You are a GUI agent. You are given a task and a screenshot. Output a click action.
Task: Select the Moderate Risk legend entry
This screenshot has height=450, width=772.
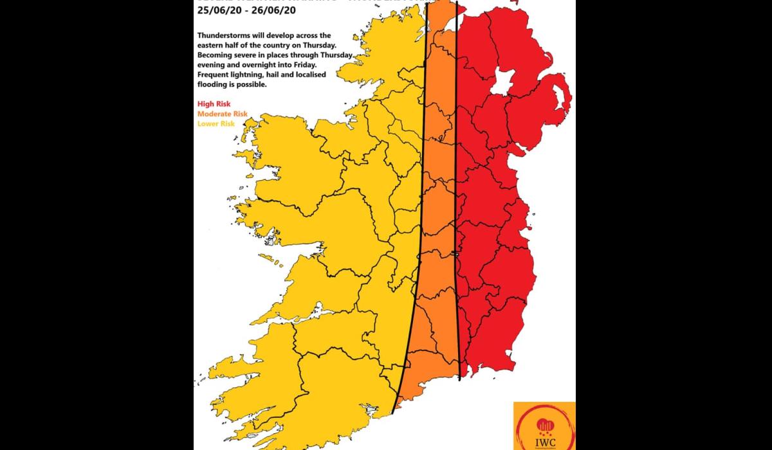223,114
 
